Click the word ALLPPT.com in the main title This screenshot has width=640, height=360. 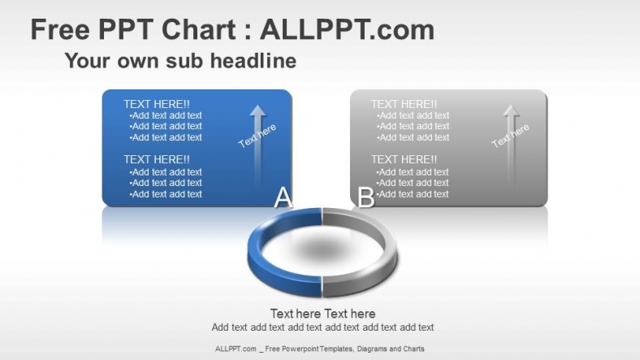coord(348,30)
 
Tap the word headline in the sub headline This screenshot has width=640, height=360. coord(253,61)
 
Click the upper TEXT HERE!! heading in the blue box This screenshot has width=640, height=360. coord(157,104)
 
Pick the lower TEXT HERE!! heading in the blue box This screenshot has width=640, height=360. coord(157,159)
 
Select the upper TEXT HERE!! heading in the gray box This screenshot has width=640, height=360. coord(404,104)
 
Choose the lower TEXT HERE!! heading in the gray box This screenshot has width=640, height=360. coord(404,159)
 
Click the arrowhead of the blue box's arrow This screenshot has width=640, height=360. coord(257,111)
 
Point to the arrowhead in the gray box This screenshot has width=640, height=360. coord(511,111)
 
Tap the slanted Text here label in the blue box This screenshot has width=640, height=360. coord(257,136)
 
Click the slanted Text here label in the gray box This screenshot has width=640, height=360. coord(510,136)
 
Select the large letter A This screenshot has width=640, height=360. coord(283,197)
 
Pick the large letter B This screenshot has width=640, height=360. coord(365,197)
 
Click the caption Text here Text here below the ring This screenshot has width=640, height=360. coord(323,314)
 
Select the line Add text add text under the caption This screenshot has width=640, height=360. coord(323,327)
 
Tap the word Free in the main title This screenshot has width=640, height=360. coord(60,30)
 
